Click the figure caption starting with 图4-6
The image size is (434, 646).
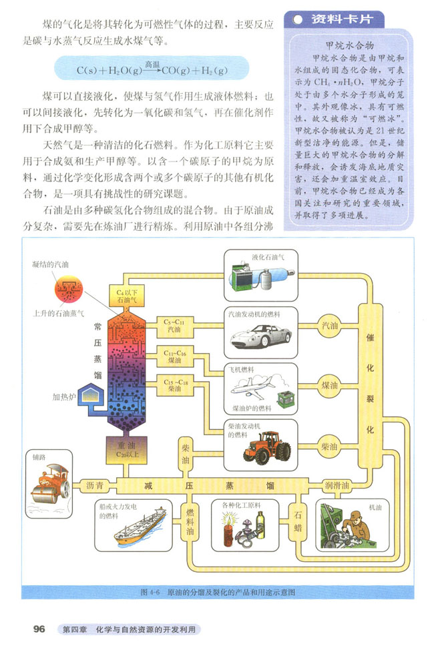coord(218,591)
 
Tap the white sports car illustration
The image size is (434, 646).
coord(258,336)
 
